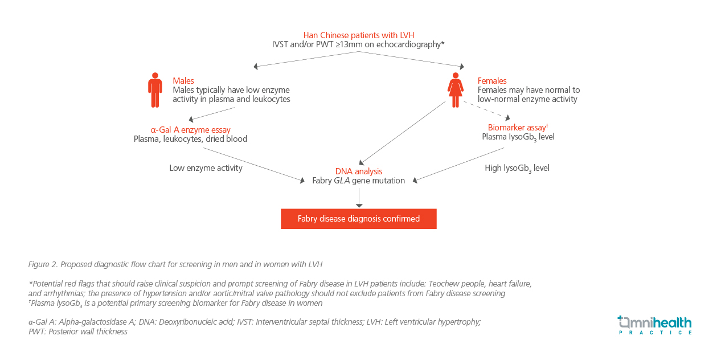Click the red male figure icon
pos(155,90)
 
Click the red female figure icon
pos(455,90)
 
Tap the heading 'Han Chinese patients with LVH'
pos(359,35)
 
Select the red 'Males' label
pos(183,80)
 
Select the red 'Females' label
pos(492,80)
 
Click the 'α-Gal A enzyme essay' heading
pos(190,130)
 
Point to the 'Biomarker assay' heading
pos(518,128)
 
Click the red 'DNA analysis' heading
pos(359,171)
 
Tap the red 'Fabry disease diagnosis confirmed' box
pos(359,219)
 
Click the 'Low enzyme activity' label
pos(206,168)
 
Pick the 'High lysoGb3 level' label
pos(517,169)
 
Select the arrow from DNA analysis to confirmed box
pos(359,198)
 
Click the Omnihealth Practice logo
pos(655,325)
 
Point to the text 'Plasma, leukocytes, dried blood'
pos(190,139)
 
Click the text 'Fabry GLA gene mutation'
pos(359,181)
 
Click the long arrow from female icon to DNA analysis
pos(402,133)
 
